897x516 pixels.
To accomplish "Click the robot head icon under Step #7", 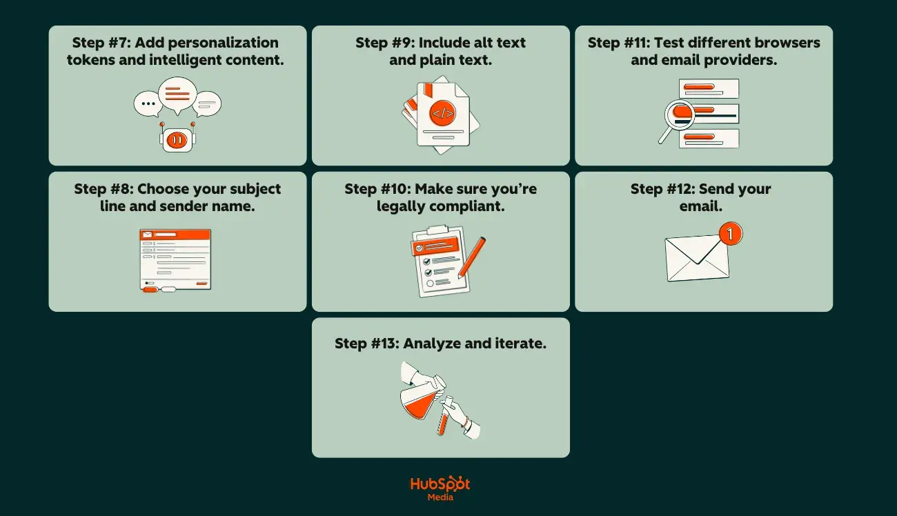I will point(177,139).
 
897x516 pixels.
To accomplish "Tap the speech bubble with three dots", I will point(148,103).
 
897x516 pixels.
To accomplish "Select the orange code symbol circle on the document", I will point(442,112).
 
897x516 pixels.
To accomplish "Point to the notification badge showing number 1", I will point(730,234).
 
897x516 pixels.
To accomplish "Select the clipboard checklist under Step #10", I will point(437,262).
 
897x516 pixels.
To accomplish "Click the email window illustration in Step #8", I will point(176,259).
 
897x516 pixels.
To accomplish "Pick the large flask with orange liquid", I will point(422,399).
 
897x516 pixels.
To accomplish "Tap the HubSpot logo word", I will point(440,484).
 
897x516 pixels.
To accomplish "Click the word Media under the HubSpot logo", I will point(440,497).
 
